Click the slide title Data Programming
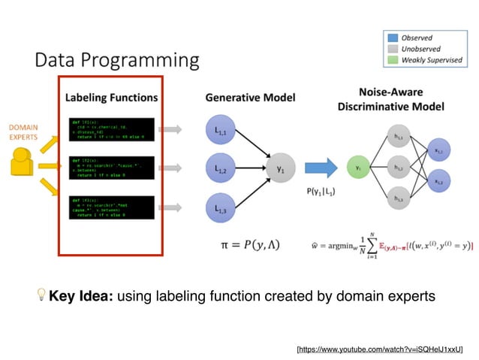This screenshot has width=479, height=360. click(117, 59)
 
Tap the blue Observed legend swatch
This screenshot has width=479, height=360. click(392, 38)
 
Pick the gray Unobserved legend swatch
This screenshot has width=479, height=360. click(392, 48)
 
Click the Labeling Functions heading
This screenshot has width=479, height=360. click(111, 97)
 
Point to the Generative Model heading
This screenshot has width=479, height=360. click(250, 97)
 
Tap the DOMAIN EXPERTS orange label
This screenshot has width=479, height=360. click(24, 132)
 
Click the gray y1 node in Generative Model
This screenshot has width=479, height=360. click(280, 170)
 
